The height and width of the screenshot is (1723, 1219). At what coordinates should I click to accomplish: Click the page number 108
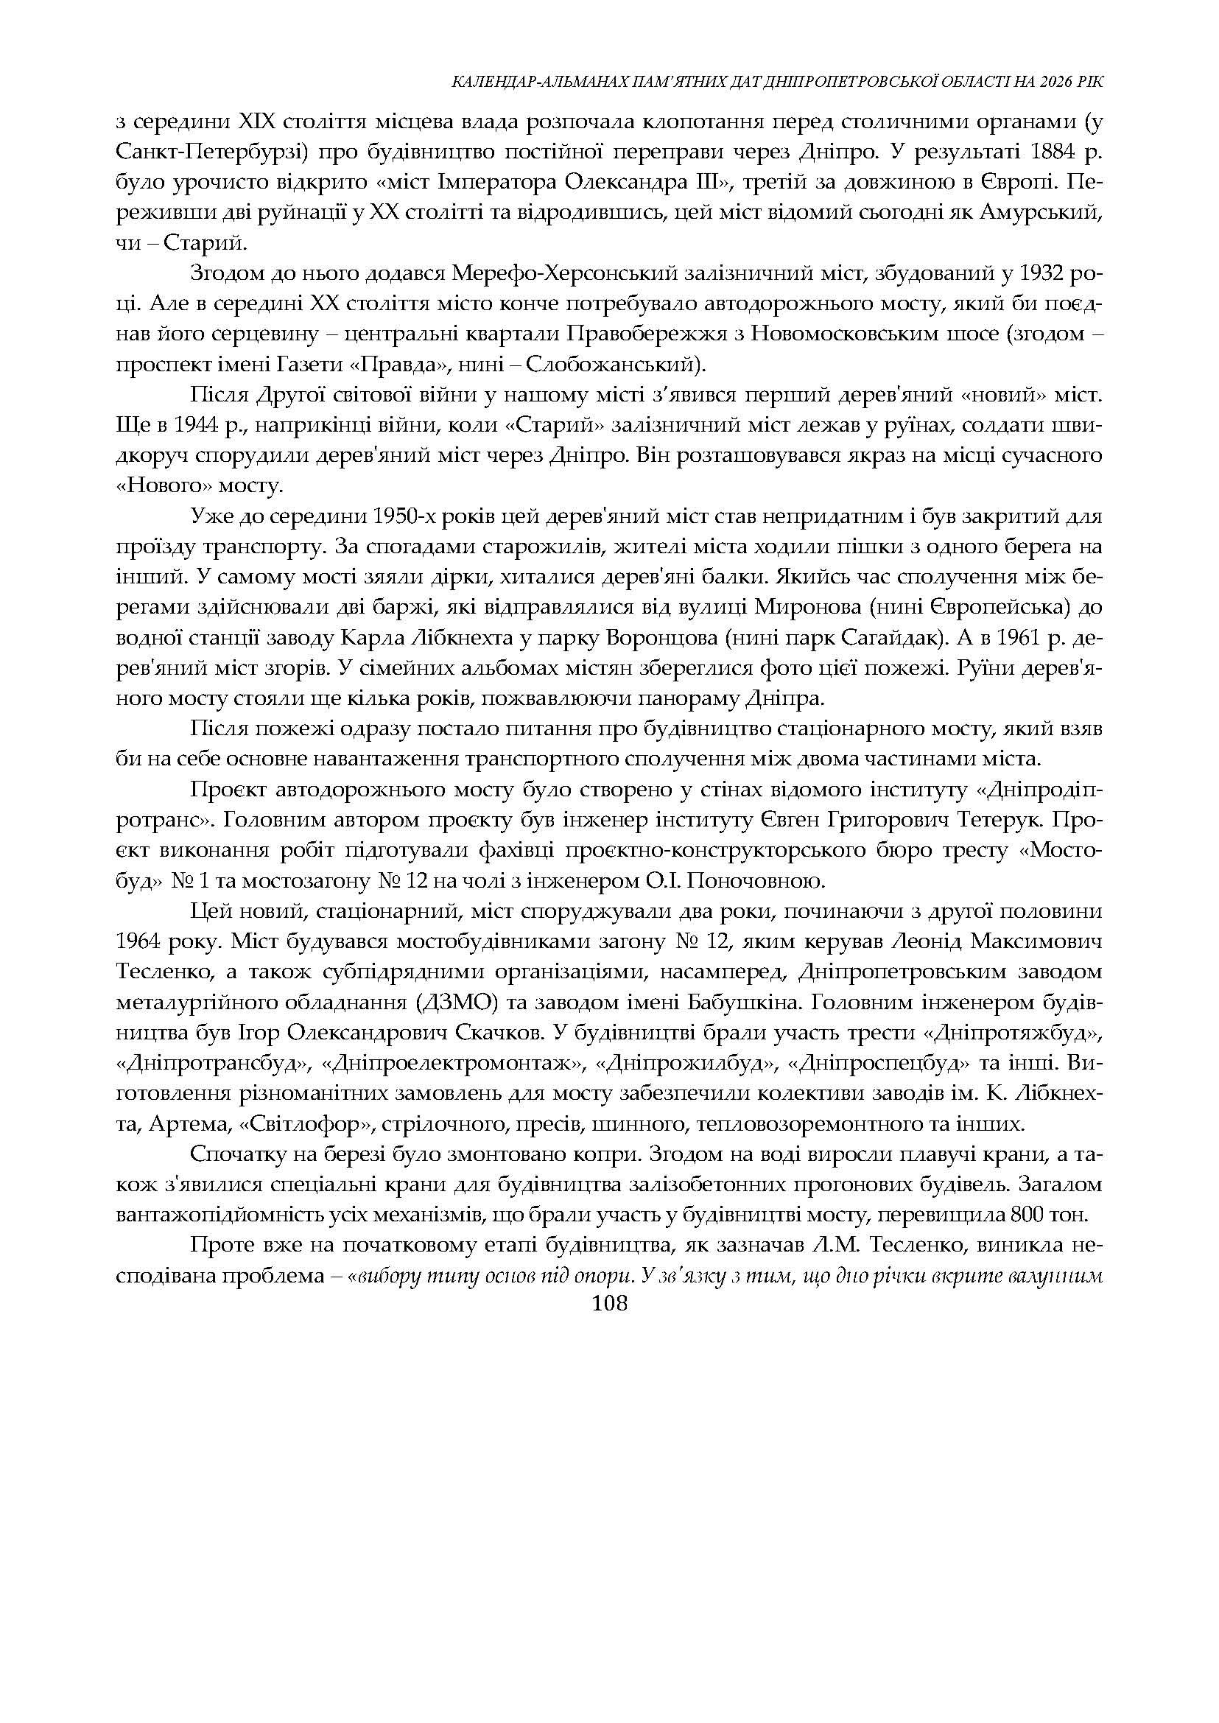tap(608, 1304)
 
